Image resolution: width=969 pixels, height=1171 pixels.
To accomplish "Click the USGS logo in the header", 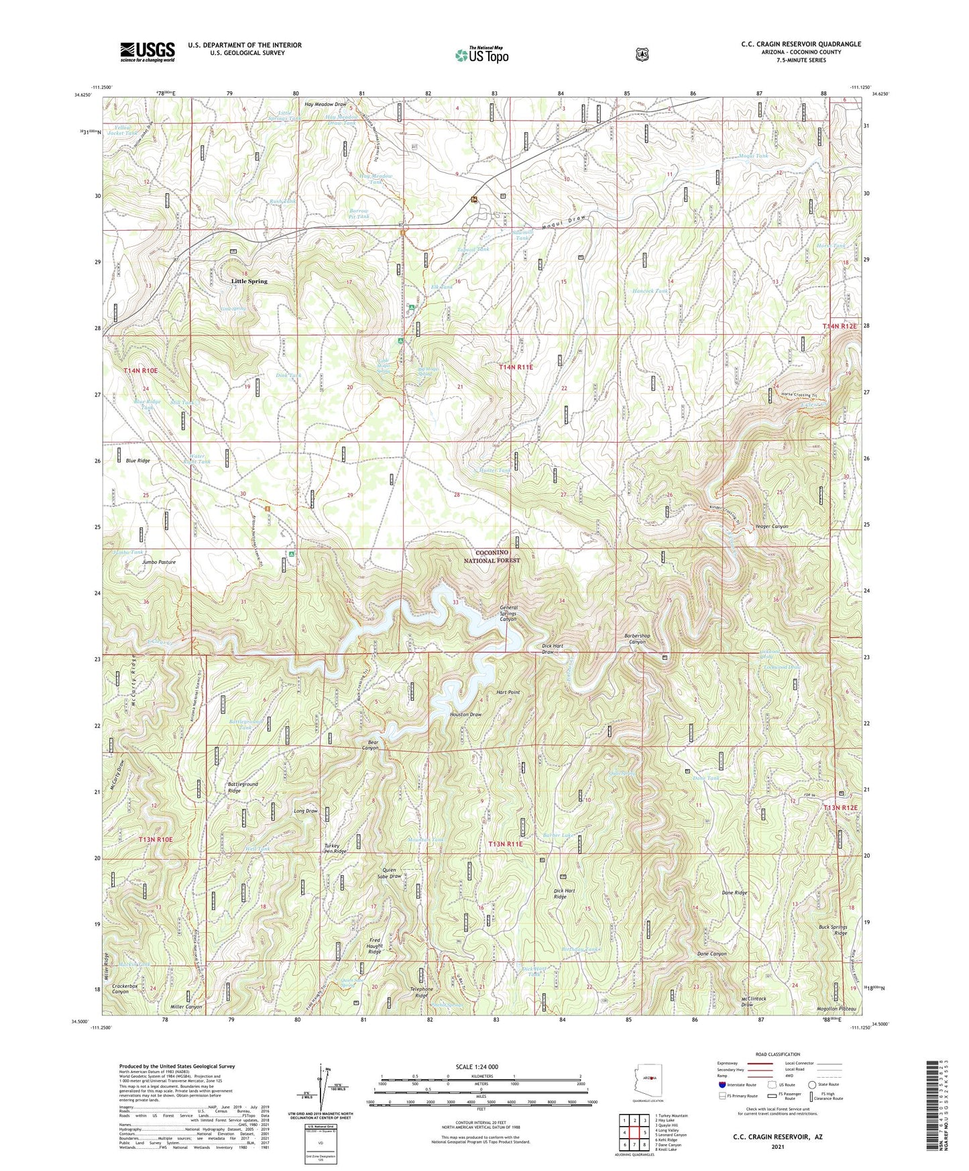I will click(x=148, y=52).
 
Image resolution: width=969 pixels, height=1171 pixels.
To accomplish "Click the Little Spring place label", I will click(x=249, y=281).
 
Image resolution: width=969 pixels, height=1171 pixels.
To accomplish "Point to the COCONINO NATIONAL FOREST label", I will click(x=492, y=556).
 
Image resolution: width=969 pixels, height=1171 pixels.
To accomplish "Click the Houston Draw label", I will click(x=465, y=714).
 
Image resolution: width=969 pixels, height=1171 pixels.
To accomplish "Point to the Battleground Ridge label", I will click(x=243, y=787).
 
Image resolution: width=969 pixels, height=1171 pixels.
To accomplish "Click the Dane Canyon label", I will click(x=711, y=954).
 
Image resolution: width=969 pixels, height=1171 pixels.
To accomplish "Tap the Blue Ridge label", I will click(x=138, y=461).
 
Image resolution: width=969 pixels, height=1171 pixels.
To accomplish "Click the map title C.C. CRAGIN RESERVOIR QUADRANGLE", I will click(x=801, y=44).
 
